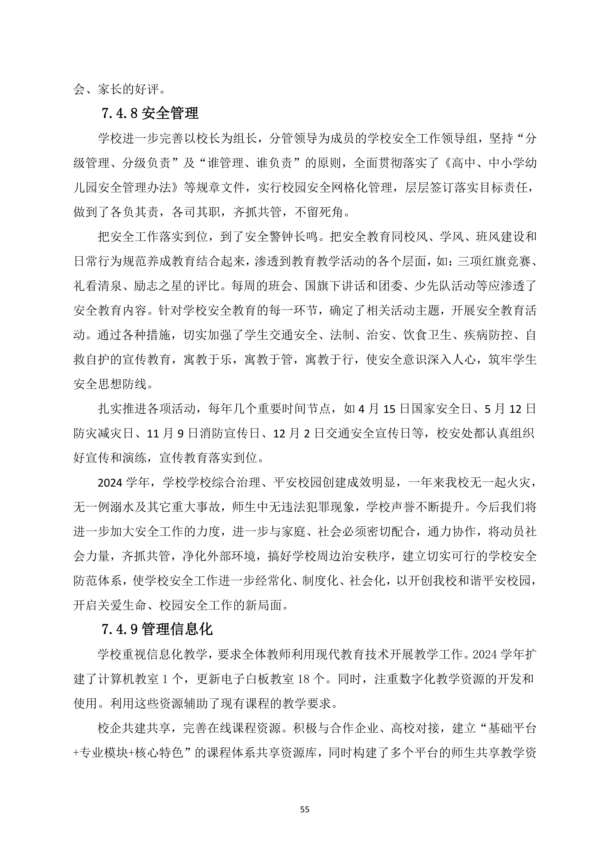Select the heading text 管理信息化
pos(177,629)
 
